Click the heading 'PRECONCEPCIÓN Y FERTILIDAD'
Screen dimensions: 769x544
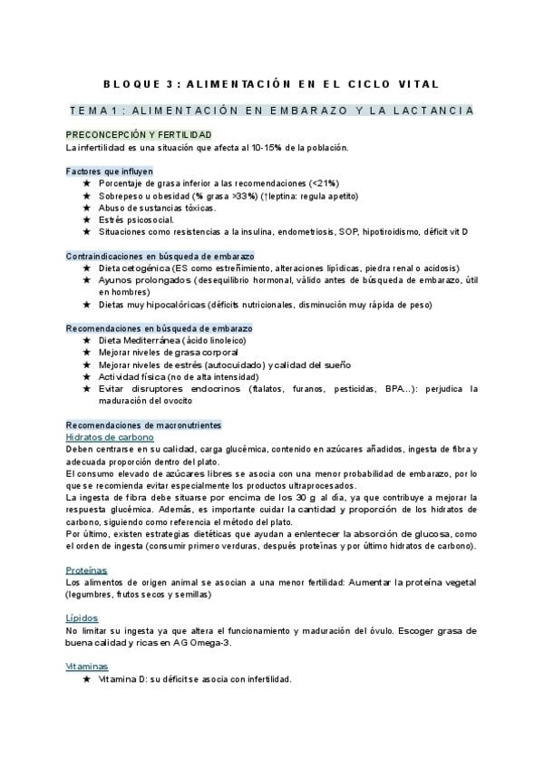pyautogui.click(x=132, y=134)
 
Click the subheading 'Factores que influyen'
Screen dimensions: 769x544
pyautogui.click(x=110, y=170)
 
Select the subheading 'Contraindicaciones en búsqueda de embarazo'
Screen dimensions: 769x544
pyautogui.click(x=160, y=257)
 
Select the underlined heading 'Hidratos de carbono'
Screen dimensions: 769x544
pyautogui.click(x=110, y=437)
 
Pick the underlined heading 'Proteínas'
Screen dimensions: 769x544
pyautogui.click(x=86, y=569)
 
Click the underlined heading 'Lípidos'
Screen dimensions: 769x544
pyautogui.click(x=82, y=618)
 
